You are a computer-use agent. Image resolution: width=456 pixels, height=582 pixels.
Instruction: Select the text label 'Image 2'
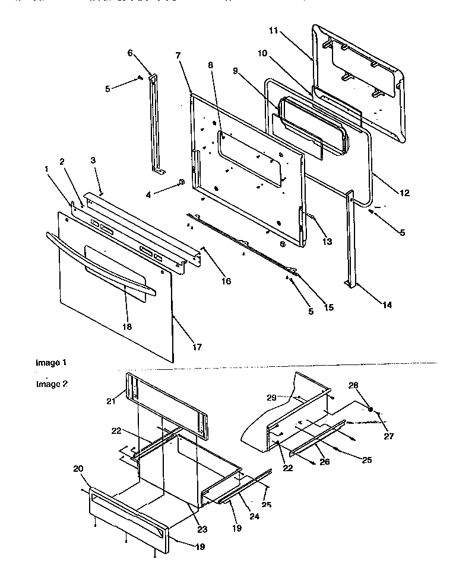coord(51,383)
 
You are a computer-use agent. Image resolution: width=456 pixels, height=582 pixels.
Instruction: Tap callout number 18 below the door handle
coord(126,327)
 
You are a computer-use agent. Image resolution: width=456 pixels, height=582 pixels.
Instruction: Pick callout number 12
coord(405,193)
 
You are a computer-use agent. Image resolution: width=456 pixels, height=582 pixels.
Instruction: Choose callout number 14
coord(386,305)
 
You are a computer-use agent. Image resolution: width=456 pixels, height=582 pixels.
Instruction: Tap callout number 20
coord(77,468)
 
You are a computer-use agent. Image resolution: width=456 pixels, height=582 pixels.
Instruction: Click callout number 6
coord(130,52)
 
